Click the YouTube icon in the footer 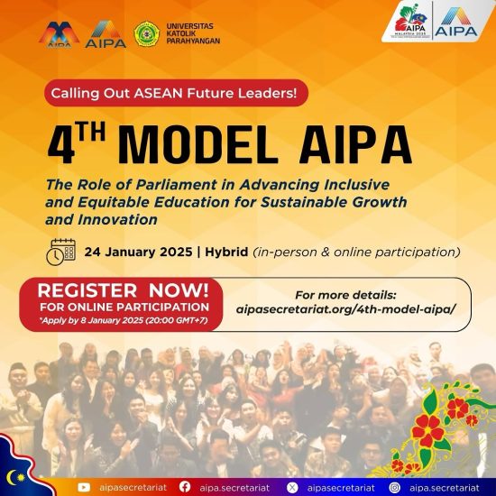point(84,488)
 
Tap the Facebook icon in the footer point(185,487)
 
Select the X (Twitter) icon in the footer point(292,488)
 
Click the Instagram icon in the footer point(394,488)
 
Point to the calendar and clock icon point(60,252)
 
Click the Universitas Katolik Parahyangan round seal point(146,34)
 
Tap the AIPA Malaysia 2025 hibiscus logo point(410,21)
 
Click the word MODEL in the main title point(198,145)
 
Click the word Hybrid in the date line point(226,253)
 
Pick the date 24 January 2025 point(138,253)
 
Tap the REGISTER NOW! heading point(124,290)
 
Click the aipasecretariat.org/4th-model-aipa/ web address point(345,309)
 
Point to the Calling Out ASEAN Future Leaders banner point(176,93)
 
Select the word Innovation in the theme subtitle point(117,219)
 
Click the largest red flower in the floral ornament point(428,430)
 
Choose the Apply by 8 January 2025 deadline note point(124,320)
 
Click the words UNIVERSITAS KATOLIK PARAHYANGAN point(193,33)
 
